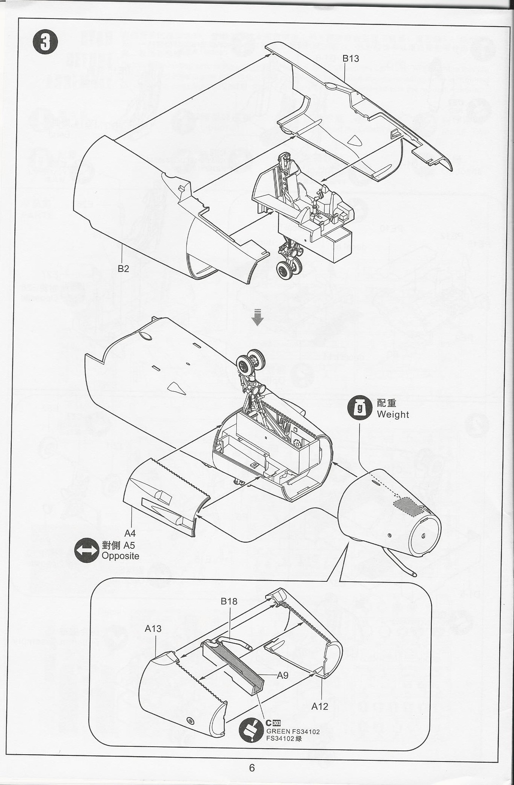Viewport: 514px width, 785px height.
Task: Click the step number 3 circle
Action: click(45, 42)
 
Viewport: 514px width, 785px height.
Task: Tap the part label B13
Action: click(350, 58)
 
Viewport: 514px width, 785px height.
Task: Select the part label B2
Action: click(123, 268)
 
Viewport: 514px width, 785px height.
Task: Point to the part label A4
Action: click(130, 533)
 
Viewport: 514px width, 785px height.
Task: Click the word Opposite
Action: click(120, 556)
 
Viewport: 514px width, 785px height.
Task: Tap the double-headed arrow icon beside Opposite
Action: click(86, 551)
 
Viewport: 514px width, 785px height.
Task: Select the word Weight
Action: click(393, 414)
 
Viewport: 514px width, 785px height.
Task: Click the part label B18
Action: click(229, 601)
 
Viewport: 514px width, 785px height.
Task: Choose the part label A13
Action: click(153, 628)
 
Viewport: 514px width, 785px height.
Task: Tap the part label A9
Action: click(283, 675)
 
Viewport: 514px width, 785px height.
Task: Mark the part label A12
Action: click(319, 706)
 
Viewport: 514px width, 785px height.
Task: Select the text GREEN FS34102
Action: click(293, 732)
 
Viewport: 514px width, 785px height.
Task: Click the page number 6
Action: click(252, 768)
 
